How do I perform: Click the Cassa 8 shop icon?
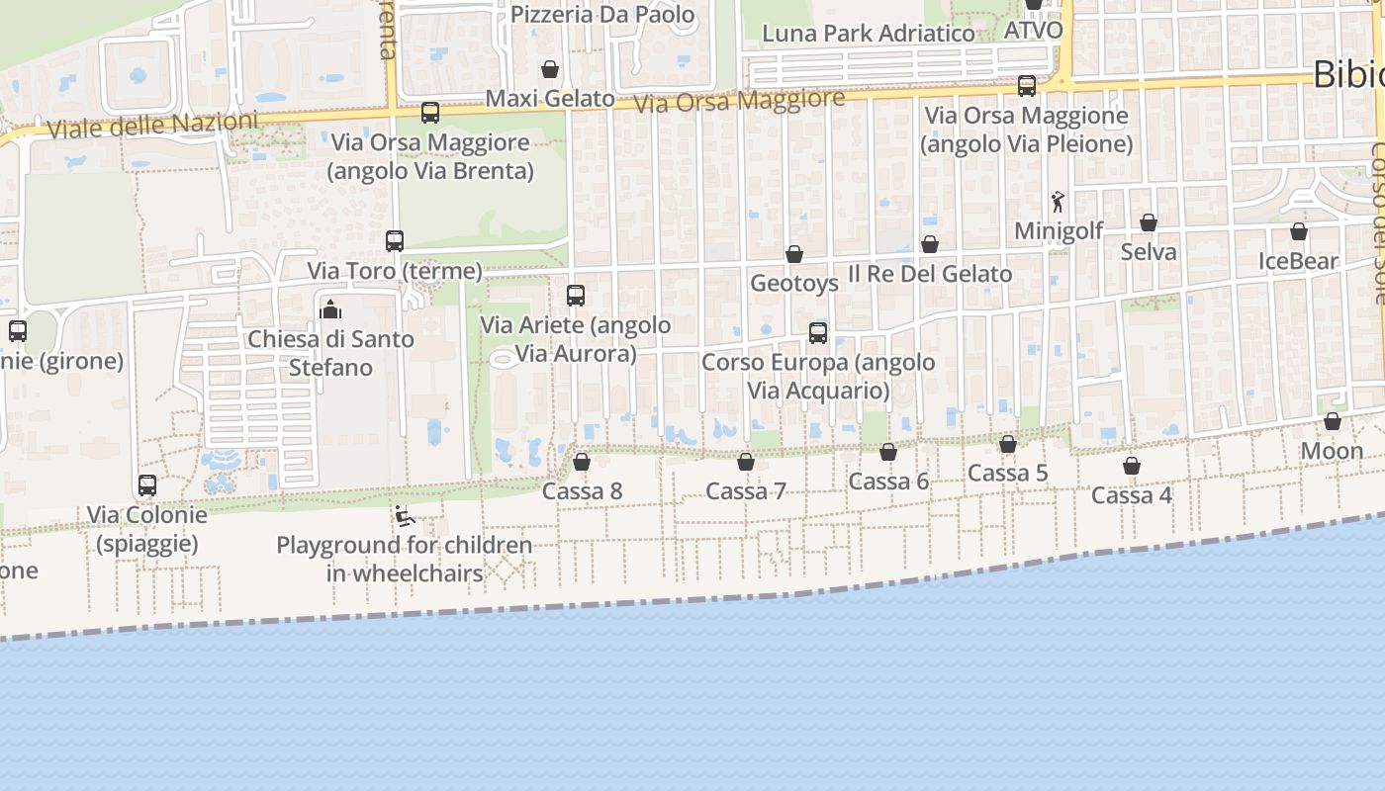coord(582,462)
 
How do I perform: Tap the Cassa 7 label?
coord(746,491)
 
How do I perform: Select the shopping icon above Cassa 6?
coord(888,452)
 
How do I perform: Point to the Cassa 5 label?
coord(1007,474)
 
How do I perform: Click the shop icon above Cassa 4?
coord(1132,466)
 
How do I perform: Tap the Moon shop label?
coord(1332,452)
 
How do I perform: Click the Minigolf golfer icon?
coord(1058,202)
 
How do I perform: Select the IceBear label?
coord(1298,262)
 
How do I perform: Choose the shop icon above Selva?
coord(1149,222)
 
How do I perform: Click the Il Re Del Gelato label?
coord(930,274)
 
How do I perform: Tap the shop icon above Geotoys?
coord(794,254)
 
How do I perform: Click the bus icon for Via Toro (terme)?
coord(395,240)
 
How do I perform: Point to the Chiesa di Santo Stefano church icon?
coord(330,309)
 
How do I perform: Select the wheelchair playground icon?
coord(404,516)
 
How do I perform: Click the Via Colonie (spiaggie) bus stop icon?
coord(147,485)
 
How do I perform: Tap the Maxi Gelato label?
coord(550,99)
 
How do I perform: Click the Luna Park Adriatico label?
coord(869,34)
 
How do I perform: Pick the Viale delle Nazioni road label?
coord(152,125)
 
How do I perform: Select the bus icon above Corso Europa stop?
coord(818,332)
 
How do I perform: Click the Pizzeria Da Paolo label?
coord(602,15)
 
